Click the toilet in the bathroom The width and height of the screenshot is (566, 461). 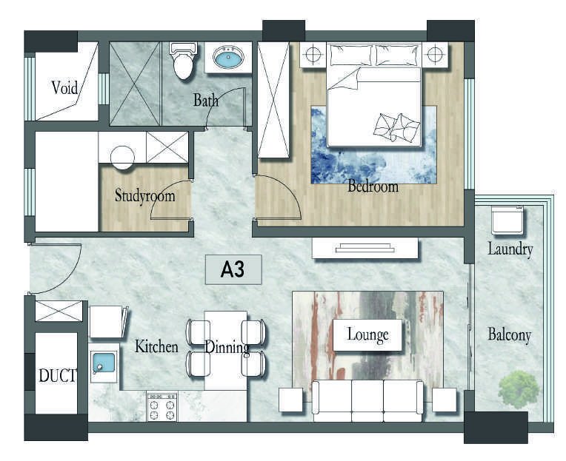coord(184,61)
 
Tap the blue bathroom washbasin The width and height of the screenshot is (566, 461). coord(228,58)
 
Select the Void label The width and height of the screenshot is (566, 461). coord(64,87)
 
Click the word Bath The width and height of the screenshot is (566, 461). coord(206,100)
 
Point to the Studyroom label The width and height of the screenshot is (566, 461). coord(144,195)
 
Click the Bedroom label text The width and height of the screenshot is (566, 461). coord(373,186)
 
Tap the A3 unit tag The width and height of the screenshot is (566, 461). coord(233,269)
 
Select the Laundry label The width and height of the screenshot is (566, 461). coord(510,249)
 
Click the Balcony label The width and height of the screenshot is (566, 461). coord(510,335)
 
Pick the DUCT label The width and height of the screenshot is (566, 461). coord(57,376)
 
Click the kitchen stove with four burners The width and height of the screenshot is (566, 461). coord(162,406)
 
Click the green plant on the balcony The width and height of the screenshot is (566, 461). coord(519,390)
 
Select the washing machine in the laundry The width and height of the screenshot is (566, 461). coord(507,220)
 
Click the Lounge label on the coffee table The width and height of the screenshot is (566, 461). coord(367,334)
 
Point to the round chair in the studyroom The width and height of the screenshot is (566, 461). coord(122,158)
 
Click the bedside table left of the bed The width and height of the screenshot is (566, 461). coord(313,55)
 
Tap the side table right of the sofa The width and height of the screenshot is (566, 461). coord(445,400)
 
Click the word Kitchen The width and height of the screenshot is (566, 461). coord(156,347)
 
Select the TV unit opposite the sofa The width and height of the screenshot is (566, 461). coord(365,248)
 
